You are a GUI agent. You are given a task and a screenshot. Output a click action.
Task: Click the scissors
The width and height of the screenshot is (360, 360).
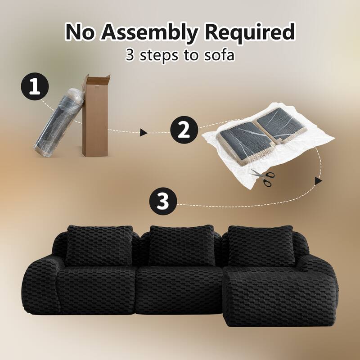tap(263, 177)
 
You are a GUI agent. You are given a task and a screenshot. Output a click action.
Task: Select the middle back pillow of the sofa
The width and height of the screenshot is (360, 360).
tap(179, 246)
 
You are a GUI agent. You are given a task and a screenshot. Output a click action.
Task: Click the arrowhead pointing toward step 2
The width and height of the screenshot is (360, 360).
tap(144, 132)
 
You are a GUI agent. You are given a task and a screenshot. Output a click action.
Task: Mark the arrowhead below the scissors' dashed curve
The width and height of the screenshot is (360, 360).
tap(319, 180)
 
